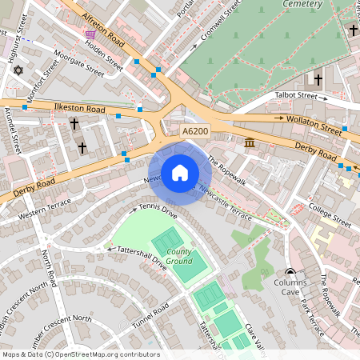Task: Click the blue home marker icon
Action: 180,172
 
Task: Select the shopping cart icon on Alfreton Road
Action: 90,35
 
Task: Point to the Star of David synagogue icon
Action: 18,70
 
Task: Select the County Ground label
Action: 179,257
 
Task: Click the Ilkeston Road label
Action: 79,108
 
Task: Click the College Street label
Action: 330,218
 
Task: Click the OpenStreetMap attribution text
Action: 80,354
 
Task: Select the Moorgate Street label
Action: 78,65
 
